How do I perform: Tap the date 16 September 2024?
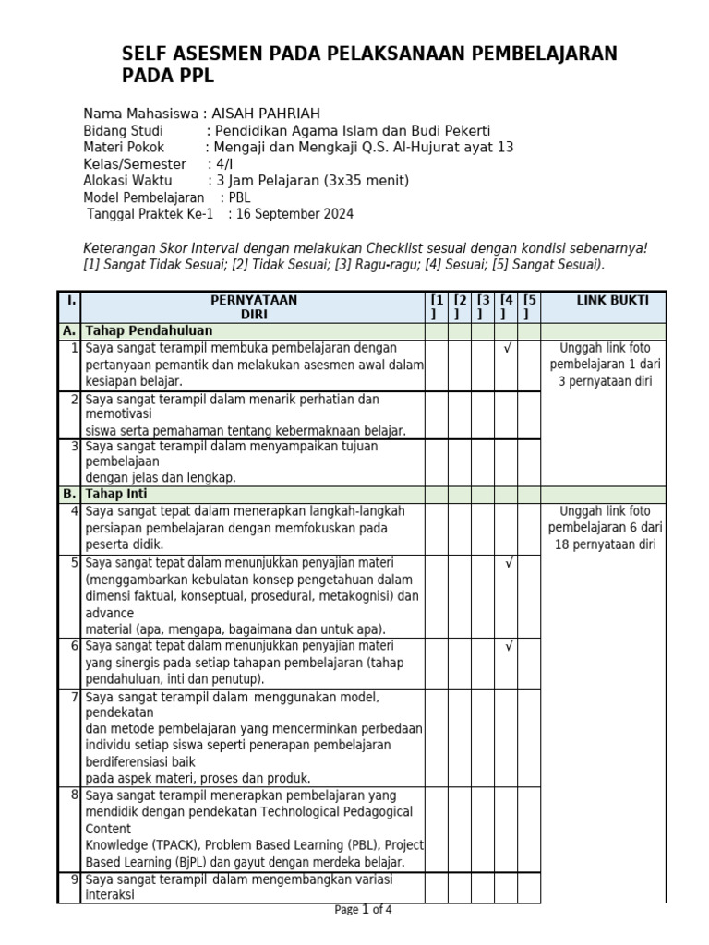click(x=294, y=214)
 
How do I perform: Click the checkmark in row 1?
click(x=507, y=348)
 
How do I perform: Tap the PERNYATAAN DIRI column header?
click(x=254, y=307)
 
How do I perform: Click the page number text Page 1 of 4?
click(x=363, y=910)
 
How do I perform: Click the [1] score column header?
click(x=437, y=307)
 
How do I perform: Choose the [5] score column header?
click(x=529, y=307)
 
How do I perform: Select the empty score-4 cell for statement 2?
click(x=506, y=413)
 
